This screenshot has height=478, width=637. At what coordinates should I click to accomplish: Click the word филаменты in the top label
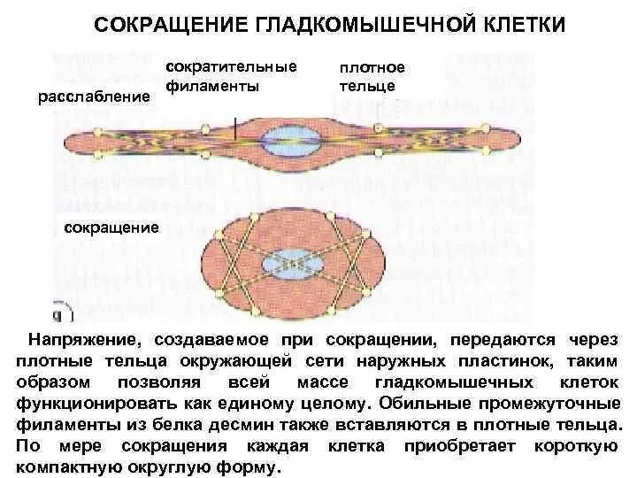211,87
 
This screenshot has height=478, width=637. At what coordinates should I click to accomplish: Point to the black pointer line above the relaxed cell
236,126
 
